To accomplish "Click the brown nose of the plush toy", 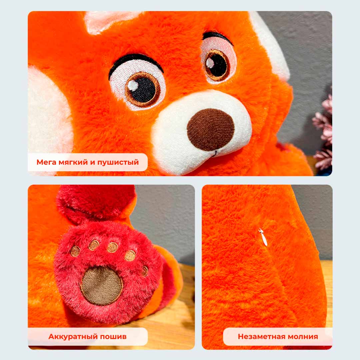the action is click(x=211, y=129).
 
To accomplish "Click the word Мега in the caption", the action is click(x=46, y=162).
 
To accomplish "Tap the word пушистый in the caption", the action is click(x=118, y=163).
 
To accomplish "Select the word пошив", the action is click(x=113, y=337).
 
